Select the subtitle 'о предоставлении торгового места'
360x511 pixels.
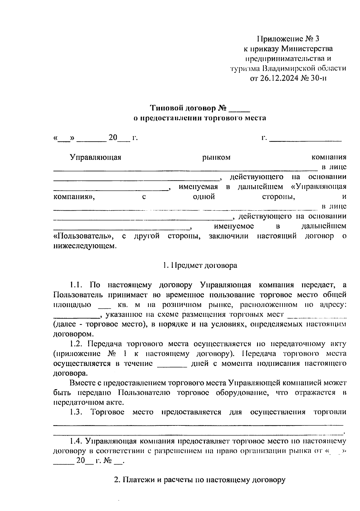(199, 118)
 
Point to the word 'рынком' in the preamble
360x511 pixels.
(216, 157)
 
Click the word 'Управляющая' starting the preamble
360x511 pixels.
(95, 157)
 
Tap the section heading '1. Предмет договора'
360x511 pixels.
(200, 266)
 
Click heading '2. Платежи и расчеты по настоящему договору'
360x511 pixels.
(200, 480)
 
